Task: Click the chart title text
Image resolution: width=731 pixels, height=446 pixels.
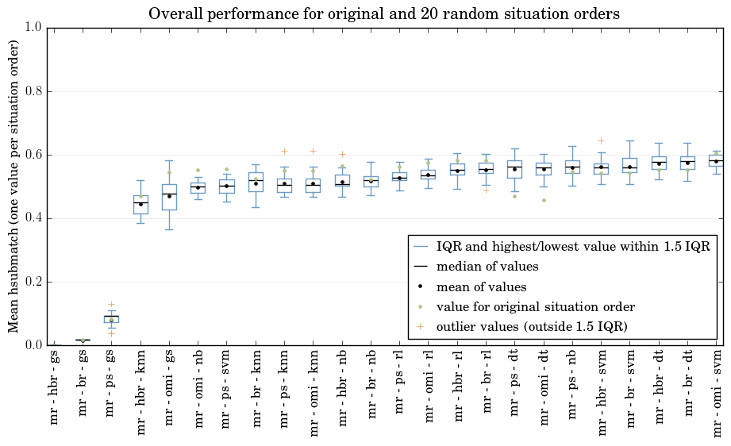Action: [x=383, y=13]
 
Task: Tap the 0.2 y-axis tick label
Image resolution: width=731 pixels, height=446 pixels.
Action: [x=34, y=282]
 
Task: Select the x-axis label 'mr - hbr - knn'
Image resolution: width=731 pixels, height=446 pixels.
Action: [x=140, y=392]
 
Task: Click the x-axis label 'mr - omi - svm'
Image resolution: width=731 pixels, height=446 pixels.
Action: [x=717, y=394]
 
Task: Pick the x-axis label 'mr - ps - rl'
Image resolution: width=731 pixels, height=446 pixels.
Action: [x=399, y=381]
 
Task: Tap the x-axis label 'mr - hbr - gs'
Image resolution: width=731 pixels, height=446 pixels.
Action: [x=54, y=386]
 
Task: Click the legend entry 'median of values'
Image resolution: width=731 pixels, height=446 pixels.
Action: [x=487, y=267]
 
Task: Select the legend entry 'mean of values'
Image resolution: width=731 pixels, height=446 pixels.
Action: [x=481, y=286]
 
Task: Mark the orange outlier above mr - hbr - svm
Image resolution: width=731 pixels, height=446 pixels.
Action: [x=602, y=140]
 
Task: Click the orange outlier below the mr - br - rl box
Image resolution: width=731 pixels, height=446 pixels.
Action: [x=486, y=190]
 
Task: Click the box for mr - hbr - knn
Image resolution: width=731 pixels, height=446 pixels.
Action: [x=140, y=205]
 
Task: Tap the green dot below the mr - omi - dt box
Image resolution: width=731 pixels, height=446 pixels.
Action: [x=544, y=201]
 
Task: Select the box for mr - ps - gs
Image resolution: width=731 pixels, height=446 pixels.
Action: [x=111, y=319]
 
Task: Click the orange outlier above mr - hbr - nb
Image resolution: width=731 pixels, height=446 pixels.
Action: [x=342, y=154]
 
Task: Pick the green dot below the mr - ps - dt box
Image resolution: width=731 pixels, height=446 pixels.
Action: [x=514, y=196]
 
